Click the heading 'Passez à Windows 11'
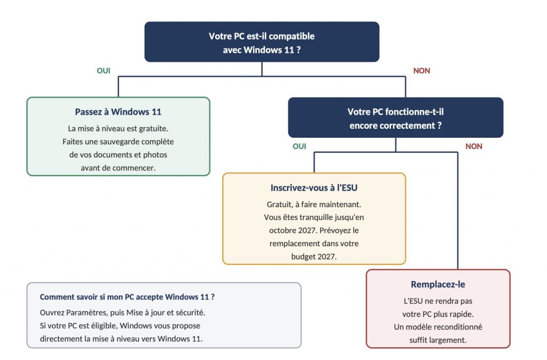coord(118,112)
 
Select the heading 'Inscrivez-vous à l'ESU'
coord(314,187)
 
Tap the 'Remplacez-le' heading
coord(438,284)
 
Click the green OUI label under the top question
coord(104,71)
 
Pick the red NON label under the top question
coord(422,71)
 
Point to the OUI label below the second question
coord(299,146)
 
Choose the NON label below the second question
coord(474,146)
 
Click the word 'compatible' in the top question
coord(292,36)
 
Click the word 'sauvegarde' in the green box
coord(119,142)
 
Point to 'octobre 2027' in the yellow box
coord(293,231)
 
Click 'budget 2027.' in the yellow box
coord(314,257)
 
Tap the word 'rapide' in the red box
coord(462,314)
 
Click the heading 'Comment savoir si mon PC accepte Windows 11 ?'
coord(127,297)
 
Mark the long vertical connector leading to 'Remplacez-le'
coord(458,210)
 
